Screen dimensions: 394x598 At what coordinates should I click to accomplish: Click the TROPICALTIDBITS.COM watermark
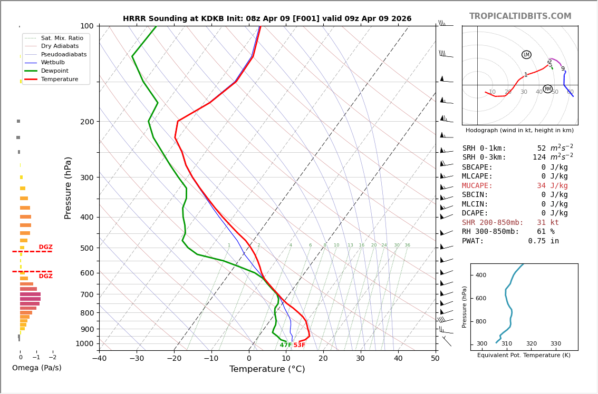tap(520, 16)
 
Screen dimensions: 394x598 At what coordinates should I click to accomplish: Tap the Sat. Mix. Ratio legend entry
tap(62, 38)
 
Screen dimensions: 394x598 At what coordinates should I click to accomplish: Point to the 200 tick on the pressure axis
tap(87, 122)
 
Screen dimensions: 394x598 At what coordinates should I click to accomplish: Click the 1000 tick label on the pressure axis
tap(85, 343)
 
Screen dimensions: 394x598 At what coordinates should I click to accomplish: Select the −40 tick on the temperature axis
tap(99, 359)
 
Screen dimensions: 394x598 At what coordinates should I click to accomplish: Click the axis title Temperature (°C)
tap(267, 369)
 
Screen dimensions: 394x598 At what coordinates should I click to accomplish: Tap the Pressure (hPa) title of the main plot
tap(69, 188)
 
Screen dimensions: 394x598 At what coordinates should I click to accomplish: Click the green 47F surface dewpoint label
tap(286, 345)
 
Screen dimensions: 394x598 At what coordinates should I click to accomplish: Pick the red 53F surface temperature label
tap(300, 345)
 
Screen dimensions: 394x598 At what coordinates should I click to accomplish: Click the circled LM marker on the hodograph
tap(526, 55)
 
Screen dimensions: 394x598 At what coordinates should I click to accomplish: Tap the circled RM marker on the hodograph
tap(547, 89)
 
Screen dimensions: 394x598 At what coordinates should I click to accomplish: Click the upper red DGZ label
tap(45, 247)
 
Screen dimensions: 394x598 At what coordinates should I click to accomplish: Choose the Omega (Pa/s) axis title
tap(36, 368)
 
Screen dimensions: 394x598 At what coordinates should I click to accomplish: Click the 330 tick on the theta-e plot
tap(556, 344)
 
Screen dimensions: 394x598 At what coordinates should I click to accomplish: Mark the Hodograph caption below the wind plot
tap(519, 130)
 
